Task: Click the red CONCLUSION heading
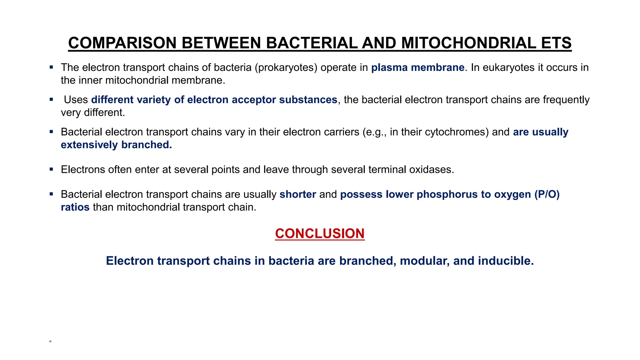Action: click(x=320, y=233)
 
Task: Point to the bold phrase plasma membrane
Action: click(x=417, y=67)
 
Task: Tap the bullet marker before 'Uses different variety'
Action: click(x=51, y=99)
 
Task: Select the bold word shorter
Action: click(x=297, y=194)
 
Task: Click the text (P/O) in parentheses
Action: click(x=547, y=194)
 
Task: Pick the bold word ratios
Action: click(x=75, y=207)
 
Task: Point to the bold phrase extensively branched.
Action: click(x=116, y=145)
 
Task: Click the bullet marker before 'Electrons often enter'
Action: click(x=51, y=169)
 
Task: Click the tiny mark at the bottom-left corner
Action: click(x=50, y=341)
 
